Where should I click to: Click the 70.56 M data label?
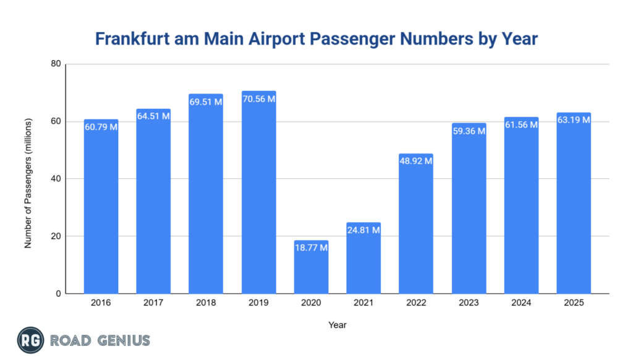[258, 99]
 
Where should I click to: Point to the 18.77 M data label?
[311, 247]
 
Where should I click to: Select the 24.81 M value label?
[363, 230]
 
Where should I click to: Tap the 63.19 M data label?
[574, 120]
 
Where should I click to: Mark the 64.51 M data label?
[153, 116]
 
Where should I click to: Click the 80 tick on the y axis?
[56, 64]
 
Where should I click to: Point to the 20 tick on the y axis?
[56, 236]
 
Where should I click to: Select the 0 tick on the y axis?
[58, 294]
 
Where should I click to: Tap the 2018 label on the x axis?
[206, 303]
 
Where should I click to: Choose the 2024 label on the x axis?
[521, 303]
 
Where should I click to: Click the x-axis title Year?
[338, 324]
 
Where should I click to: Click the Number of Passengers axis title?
[28, 179]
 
